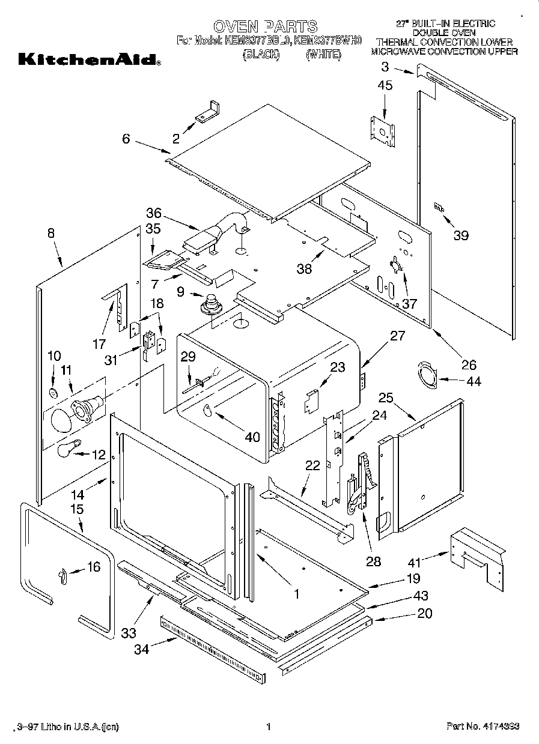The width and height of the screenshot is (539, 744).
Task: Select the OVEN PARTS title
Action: pos(265,26)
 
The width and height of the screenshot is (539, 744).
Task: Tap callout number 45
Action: pos(385,86)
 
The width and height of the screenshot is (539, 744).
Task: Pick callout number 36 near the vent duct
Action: pos(154,213)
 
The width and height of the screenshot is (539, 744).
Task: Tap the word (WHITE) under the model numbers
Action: pos(323,55)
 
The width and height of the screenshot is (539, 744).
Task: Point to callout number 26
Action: pos(469,364)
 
